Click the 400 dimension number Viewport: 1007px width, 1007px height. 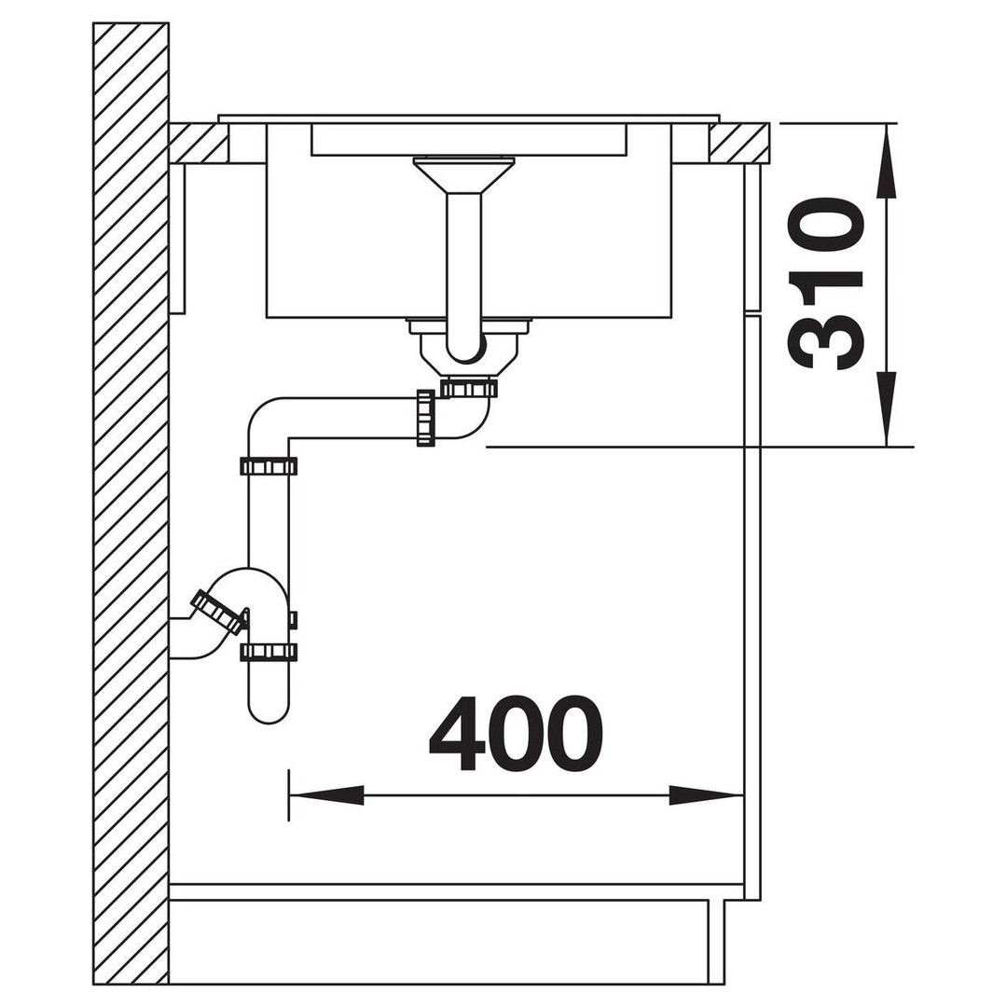[516, 733]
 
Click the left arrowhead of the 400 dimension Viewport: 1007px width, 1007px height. [327, 795]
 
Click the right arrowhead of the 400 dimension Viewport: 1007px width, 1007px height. [706, 795]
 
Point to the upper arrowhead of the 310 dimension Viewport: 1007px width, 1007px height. [887, 160]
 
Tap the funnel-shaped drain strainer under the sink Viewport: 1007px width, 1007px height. [463, 173]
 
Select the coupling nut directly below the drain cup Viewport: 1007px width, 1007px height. [469, 388]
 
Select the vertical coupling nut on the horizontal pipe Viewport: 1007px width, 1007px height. [424, 417]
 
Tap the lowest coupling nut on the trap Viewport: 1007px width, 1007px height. [269, 652]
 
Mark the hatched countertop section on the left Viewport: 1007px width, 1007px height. [199, 142]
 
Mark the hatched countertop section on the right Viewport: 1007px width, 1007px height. [739, 142]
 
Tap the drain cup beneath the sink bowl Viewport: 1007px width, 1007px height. [469, 350]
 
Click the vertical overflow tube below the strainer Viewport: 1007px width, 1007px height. [463, 269]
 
